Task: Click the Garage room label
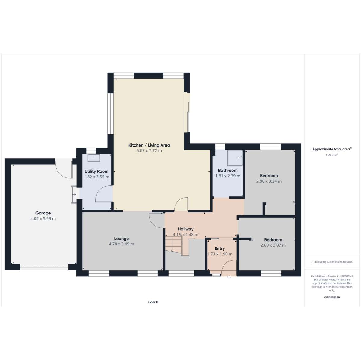tap(43, 213)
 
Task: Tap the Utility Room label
tap(96, 171)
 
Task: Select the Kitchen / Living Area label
tap(149, 145)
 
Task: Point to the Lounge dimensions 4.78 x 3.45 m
tap(122, 244)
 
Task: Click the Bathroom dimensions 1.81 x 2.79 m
tap(228, 176)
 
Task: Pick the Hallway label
tap(186, 229)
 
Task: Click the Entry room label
tap(220, 248)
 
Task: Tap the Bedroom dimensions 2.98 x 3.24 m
tap(269, 181)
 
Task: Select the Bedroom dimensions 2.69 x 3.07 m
tap(273, 245)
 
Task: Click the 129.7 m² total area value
tap(332, 155)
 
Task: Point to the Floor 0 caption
tap(153, 302)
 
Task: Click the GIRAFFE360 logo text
tap(332, 297)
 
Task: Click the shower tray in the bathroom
tap(235, 158)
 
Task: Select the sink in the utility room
tap(94, 158)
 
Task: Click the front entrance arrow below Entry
tap(229, 277)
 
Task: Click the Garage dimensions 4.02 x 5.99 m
tap(43, 219)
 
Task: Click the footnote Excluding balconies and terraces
tap(332, 262)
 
